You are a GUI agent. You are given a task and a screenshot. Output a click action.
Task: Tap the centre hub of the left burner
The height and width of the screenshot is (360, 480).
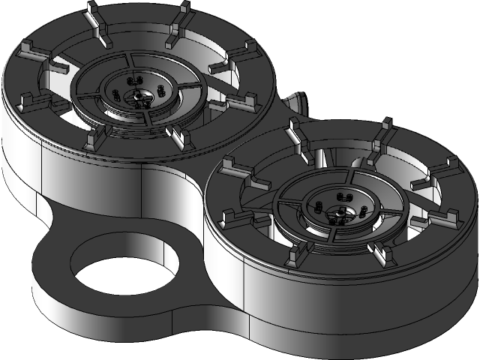(139, 95)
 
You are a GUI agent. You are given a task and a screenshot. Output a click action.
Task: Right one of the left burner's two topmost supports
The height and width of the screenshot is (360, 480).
(178, 22)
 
